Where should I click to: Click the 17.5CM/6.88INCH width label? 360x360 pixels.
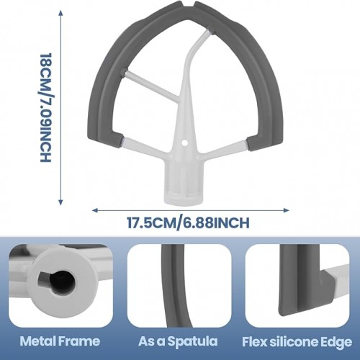pos(188,222)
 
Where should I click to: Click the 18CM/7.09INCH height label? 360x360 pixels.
pos(45,107)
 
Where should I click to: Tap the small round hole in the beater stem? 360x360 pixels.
pos(184,143)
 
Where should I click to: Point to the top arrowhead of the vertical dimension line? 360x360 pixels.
pos(60,12)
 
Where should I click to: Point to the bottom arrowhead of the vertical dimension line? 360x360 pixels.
pos(60,203)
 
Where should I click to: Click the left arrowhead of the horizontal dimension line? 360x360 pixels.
pos(95,210)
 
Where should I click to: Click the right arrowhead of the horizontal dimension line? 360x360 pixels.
pos(287,210)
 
